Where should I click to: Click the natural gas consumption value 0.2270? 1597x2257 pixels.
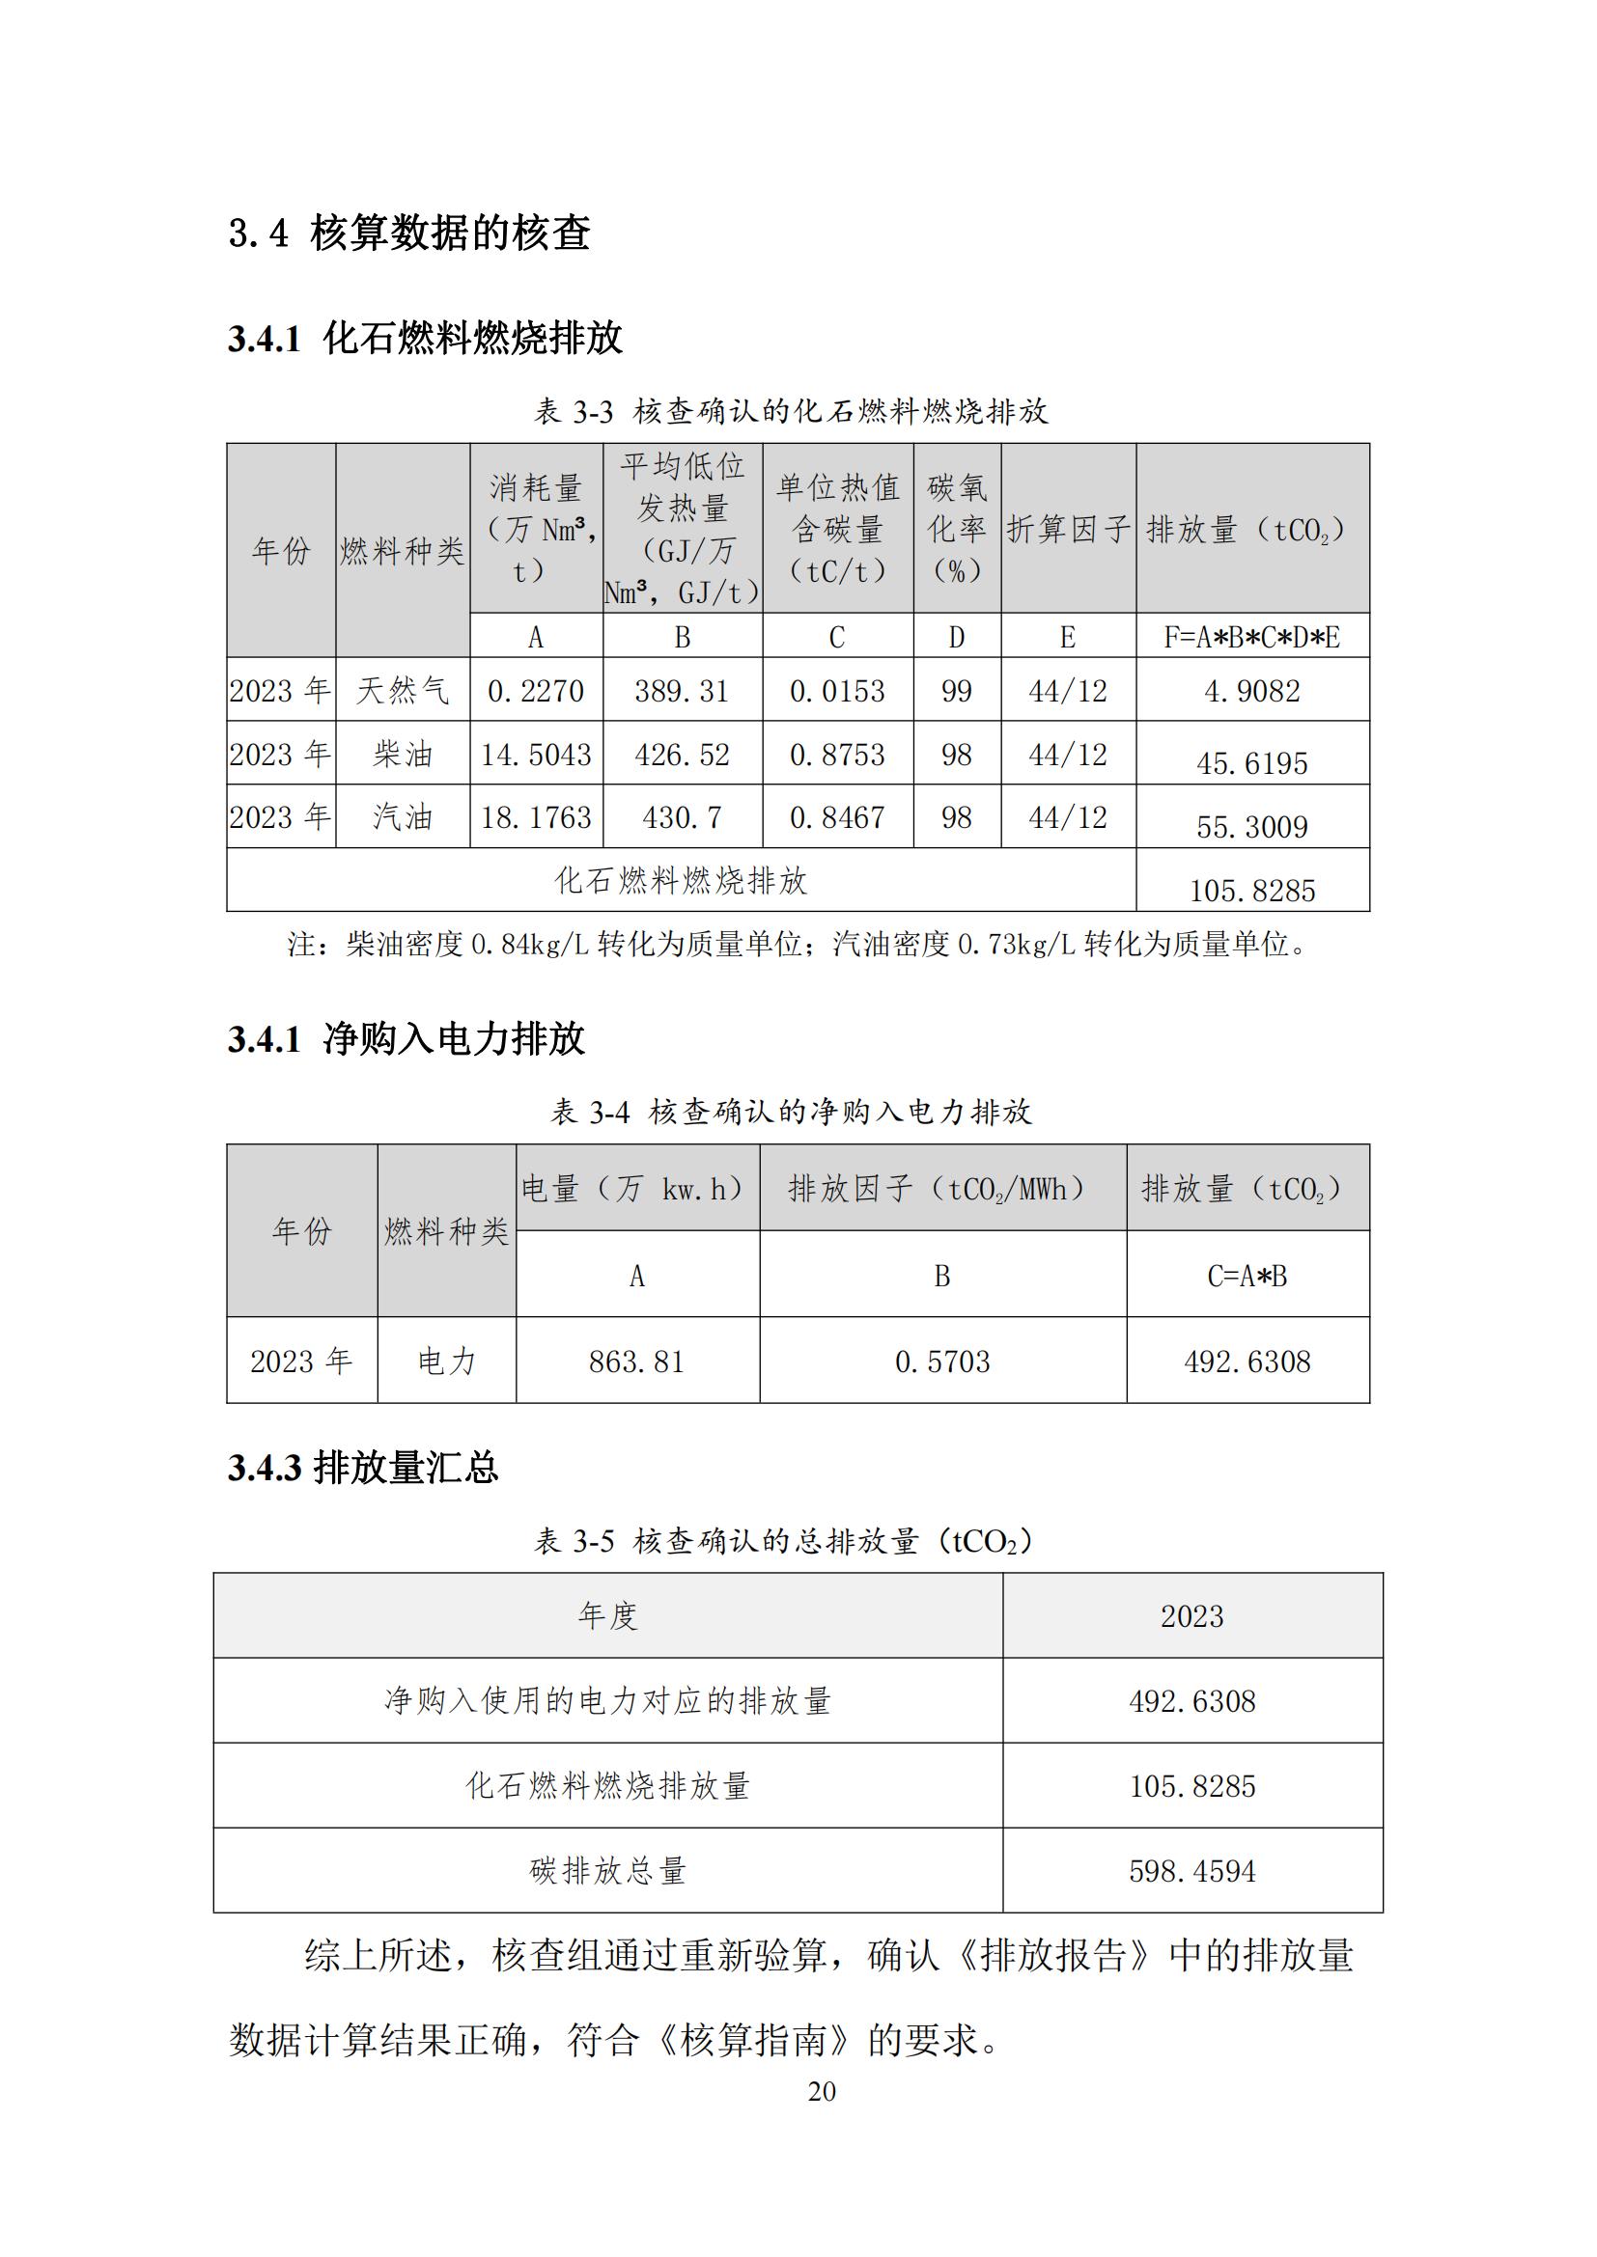536,691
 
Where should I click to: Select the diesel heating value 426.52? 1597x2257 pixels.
682,755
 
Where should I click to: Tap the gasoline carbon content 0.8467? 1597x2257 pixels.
837,818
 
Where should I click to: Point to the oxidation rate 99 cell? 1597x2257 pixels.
957,691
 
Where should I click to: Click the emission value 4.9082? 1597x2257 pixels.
1252,691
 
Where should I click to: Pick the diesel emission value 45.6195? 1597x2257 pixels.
1252,764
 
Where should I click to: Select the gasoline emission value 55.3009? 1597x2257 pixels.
1252,827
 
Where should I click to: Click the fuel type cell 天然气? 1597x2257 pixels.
403,691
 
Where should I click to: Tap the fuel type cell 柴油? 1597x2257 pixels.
403,755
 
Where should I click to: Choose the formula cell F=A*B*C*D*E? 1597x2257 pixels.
1252,638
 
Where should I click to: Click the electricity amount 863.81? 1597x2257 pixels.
636,1362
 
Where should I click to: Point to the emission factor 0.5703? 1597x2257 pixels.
942,1362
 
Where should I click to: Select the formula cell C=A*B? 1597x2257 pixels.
1247,1276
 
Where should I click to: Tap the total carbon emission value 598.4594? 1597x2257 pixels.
1191,1871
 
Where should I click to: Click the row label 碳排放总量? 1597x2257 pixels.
607,1871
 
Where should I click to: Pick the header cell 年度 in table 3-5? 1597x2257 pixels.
607,1615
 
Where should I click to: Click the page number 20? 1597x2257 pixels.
822,2091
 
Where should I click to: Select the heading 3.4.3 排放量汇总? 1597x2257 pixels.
363,1469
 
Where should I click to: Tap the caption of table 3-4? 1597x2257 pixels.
791,1112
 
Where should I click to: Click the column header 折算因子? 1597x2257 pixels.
1068,530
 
